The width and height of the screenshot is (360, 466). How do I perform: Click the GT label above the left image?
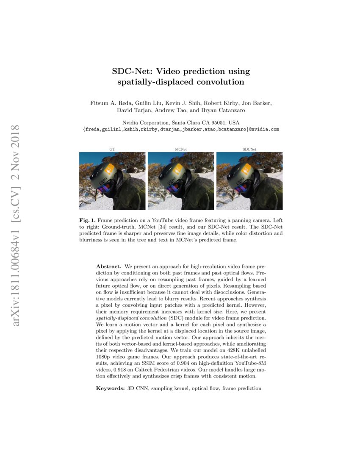[112, 149]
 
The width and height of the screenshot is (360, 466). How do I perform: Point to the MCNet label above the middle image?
[181, 149]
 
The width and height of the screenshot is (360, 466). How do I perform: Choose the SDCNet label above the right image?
[249, 149]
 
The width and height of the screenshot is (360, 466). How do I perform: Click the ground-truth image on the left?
[112, 181]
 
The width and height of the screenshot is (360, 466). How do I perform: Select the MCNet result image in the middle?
[181, 181]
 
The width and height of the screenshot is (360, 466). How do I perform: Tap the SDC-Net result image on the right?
[249, 181]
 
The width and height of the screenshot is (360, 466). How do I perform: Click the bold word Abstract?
[109, 266]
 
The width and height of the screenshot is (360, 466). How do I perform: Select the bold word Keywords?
[109, 388]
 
